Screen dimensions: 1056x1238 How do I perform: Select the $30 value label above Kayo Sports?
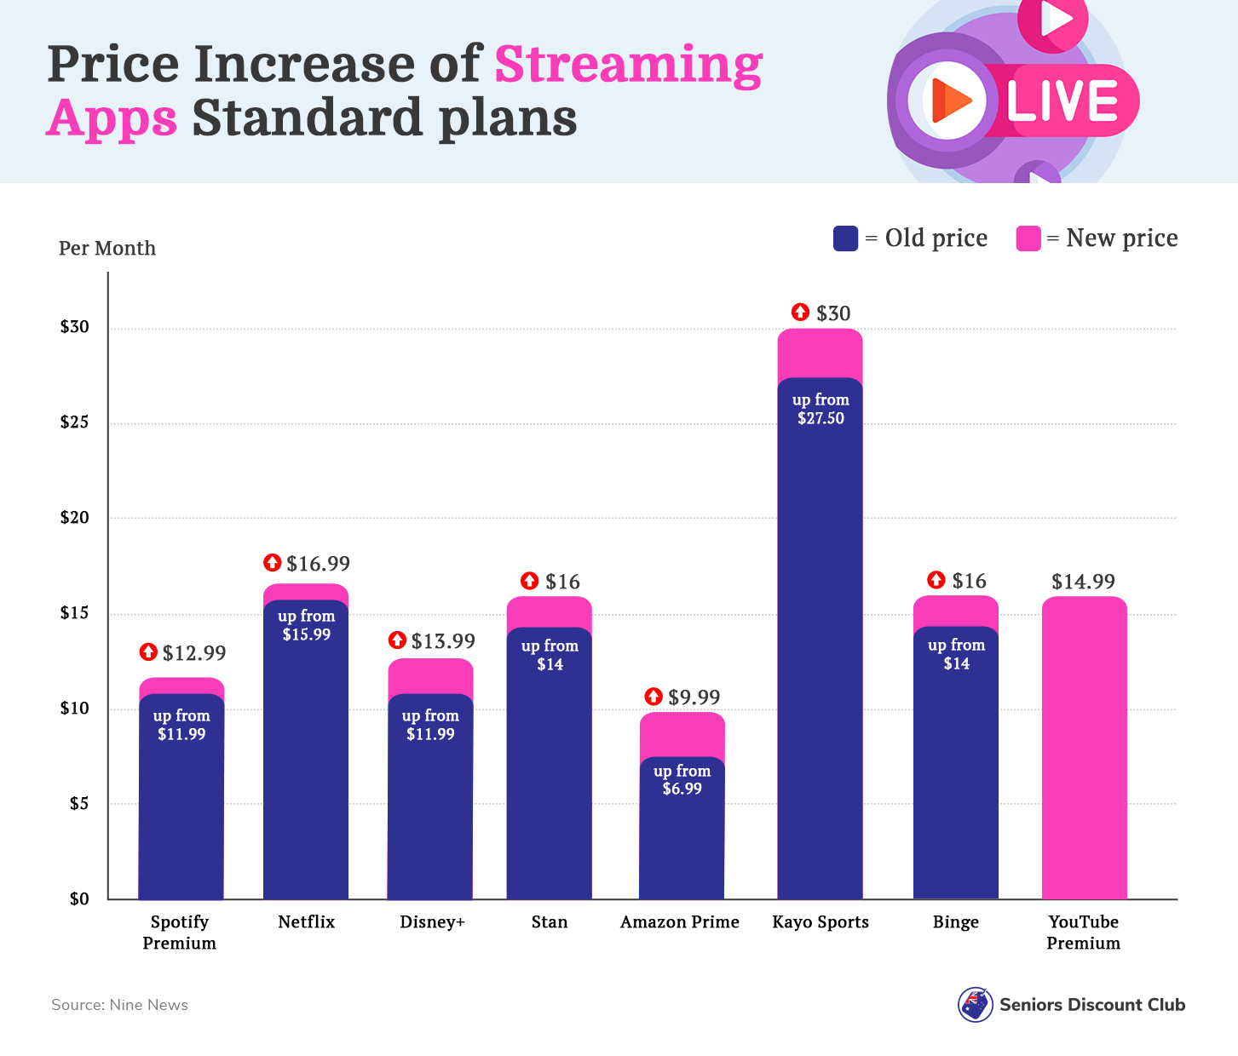[x=832, y=313]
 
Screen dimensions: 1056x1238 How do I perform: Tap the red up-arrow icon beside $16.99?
[x=273, y=563]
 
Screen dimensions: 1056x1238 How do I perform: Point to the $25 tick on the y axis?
[x=74, y=422]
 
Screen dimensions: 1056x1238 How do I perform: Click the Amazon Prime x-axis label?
[x=679, y=922]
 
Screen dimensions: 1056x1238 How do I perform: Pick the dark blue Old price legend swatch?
[x=845, y=238]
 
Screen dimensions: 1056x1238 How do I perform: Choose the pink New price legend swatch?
[x=1028, y=238]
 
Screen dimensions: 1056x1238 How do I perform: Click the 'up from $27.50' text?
[x=821, y=409]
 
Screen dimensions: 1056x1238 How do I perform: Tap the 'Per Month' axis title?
[x=107, y=249]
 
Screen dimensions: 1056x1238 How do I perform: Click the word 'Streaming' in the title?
[x=628, y=65]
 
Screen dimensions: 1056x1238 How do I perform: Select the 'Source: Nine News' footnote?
[x=119, y=1005]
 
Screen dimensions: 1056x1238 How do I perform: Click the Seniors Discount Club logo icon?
[x=975, y=1005]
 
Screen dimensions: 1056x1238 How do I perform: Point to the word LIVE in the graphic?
[x=1062, y=101]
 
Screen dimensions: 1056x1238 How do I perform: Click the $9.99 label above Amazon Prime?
[x=694, y=697]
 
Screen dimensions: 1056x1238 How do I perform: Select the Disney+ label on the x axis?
[x=432, y=922]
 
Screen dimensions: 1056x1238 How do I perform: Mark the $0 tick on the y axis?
[x=79, y=899]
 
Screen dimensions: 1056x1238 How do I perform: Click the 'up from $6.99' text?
[x=682, y=779]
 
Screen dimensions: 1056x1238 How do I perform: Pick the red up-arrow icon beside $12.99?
[x=148, y=652]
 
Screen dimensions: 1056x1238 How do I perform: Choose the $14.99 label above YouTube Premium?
[x=1083, y=582]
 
